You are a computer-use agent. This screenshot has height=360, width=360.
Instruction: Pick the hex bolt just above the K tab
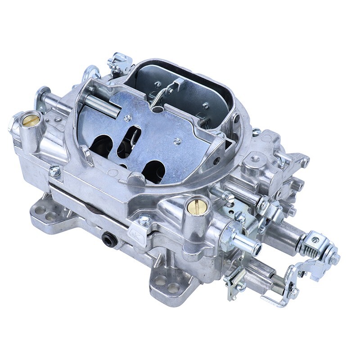tap(145, 220)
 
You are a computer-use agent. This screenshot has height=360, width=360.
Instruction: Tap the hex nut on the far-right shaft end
tap(334, 258)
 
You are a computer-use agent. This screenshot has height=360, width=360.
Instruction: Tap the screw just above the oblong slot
tap(128, 118)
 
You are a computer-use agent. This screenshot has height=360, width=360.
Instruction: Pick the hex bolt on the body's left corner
tap(55, 170)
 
